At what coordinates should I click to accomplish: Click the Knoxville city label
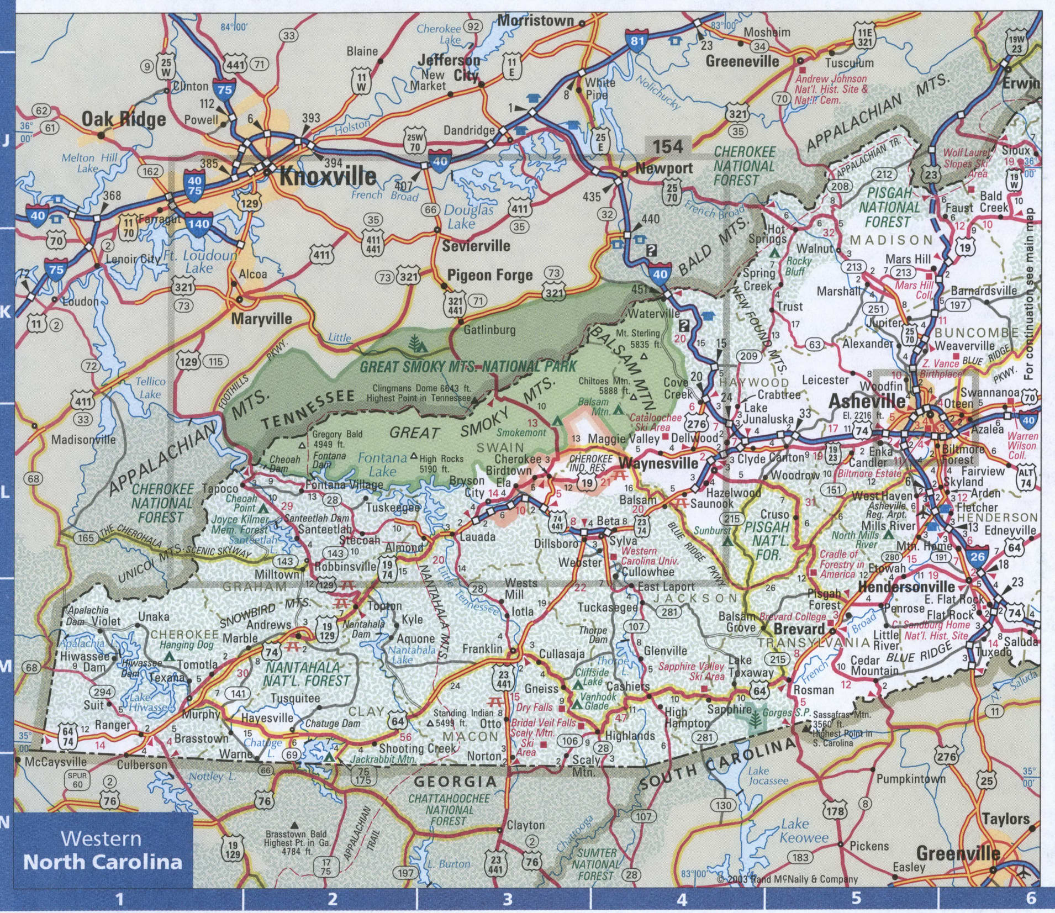[328, 177]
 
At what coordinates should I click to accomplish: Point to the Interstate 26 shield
[977, 556]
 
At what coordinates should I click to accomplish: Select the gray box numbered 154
[668, 146]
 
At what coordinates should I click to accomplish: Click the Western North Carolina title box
[103, 850]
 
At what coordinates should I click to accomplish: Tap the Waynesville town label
[658, 463]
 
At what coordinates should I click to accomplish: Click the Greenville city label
[958, 853]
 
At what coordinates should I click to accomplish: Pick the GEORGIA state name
[455, 782]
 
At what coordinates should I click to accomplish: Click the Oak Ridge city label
[124, 119]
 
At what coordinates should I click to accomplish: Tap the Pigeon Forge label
[489, 275]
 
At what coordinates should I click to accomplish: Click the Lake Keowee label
[804, 831]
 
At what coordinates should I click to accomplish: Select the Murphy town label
[201, 714]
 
